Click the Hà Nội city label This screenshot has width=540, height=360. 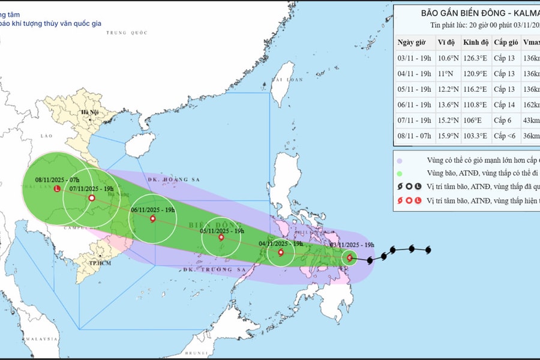coord(91,113)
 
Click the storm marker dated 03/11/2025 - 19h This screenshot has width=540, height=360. coord(350,258)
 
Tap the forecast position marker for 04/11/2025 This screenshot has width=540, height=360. coord(281,253)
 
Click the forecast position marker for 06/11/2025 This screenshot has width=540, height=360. coord(152,219)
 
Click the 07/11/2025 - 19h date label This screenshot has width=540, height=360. coord(91,188)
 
